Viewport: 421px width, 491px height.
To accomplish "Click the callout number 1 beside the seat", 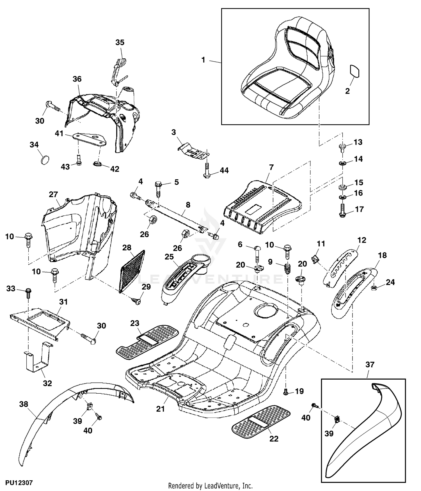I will (203, 60).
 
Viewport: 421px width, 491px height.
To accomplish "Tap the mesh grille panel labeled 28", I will (132, 271).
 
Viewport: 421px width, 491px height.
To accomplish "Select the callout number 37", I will (370, 364).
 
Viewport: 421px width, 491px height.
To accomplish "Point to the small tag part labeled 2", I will (354, 71).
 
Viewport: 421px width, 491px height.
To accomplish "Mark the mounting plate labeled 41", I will (90, 139).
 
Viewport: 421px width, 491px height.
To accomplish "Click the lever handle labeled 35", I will (118, 72).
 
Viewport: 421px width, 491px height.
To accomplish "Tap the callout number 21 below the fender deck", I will (160, 409).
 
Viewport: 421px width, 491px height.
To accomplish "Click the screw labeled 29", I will (137, 301).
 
